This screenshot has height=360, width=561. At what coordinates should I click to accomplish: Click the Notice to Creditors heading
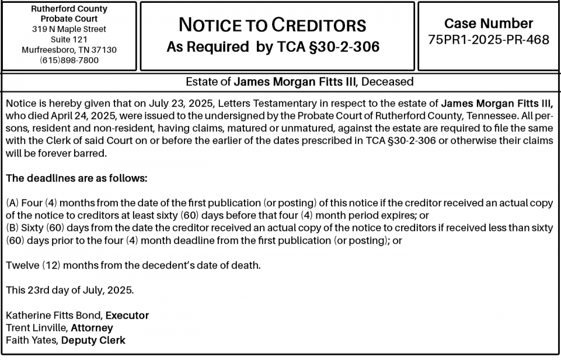272,25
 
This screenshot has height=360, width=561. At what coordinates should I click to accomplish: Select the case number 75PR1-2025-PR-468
488,40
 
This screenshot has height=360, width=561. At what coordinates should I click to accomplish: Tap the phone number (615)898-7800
69,60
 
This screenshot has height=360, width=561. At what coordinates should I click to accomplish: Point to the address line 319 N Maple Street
69,29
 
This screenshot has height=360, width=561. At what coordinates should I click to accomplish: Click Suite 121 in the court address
69,39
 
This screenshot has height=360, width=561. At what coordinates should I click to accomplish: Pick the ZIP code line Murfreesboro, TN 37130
69,50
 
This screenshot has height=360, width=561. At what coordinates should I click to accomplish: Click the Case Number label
488,24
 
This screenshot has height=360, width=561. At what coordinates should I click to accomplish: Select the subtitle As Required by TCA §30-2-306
273,47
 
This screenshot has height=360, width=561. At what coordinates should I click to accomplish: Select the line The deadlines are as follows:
76,178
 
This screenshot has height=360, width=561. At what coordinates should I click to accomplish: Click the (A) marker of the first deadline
12,203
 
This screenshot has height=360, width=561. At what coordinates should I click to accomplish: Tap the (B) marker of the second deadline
12,228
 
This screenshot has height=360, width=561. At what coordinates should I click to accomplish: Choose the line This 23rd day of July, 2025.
70,290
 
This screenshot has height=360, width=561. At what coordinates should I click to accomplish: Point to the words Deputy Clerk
93,340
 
